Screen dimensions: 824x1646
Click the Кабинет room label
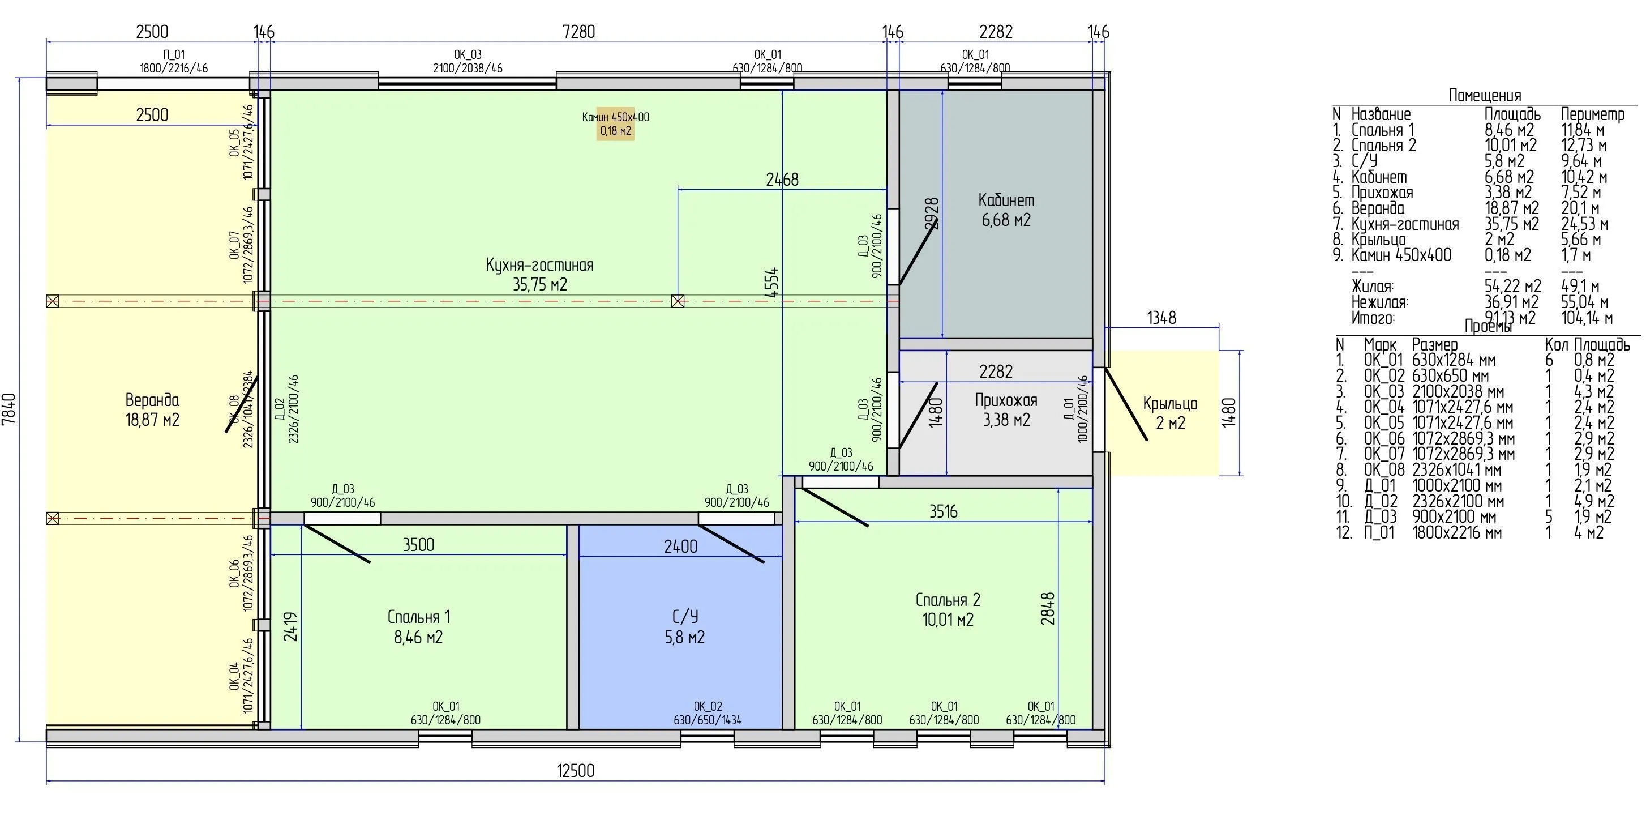click(1006, 200)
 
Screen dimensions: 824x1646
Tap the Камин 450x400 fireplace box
click(615, 124)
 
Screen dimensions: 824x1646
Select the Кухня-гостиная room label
click(539, 265)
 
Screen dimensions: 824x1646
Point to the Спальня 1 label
click(418, 617)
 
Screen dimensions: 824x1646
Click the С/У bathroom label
click(684, 617)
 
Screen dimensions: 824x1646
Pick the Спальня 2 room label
click(948, 600)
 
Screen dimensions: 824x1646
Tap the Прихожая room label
click(1006, 401)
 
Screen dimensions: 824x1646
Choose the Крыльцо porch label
click(1169, 404)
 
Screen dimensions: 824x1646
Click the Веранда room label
click(152, 401)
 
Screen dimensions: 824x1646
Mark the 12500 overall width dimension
click(575, 771)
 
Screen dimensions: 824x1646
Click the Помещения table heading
click(1484, 96)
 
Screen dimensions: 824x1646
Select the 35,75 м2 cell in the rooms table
click(1511, 224)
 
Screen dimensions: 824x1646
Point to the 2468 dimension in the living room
click(782, 180)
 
